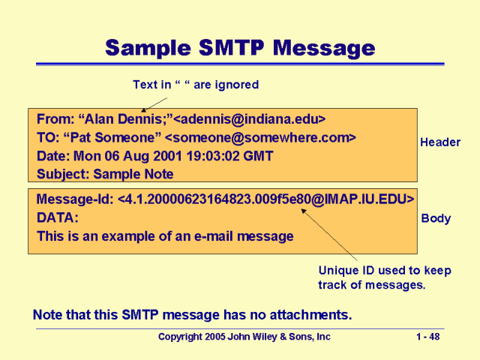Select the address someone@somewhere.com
coord(259,137)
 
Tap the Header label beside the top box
coord(440,142)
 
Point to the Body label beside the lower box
coord(436,218)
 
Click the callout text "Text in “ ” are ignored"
coord(195,85)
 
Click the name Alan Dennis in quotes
coord(118,118)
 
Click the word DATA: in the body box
coord(57,217)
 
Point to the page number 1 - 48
coord(427,337)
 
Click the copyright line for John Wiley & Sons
coord(244,337)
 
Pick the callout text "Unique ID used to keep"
coord(384,270)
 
